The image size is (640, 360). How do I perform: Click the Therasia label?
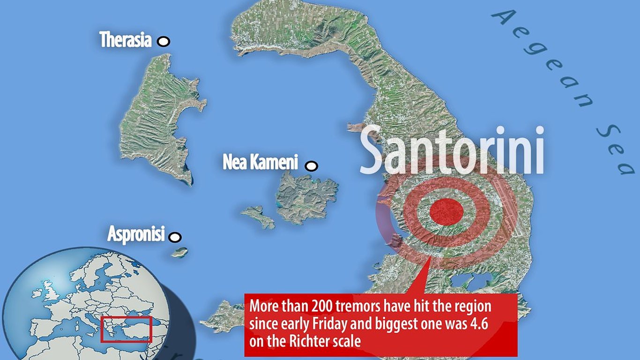pyautogui.click(x=126, y=40)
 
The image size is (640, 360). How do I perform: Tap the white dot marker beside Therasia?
pyautogui.click(x=164, y=42)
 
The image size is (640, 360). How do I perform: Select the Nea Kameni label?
pyautogui.click(x=260, y=163)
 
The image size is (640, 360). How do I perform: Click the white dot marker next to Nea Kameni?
pyautogui.click(x=311, y=165)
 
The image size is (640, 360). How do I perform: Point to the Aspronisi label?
pyautogui.click(x=136, y=233)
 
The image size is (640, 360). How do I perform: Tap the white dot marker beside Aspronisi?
pyautogui.click(x=175, y=237)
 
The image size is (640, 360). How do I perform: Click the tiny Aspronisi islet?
pyautogui.click(x=179, y=252)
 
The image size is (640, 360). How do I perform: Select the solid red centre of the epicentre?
pyautogui.click(x=446, y=212)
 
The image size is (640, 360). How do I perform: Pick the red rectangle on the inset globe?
pyautogui.click(x=127, y=329)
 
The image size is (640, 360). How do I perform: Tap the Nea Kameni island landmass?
pyautogui.click(x=307, y=197)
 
